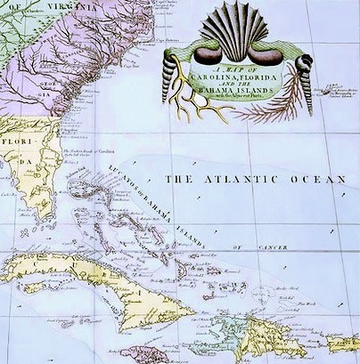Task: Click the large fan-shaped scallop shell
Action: (235, 31)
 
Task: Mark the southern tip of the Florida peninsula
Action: (42, 219)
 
